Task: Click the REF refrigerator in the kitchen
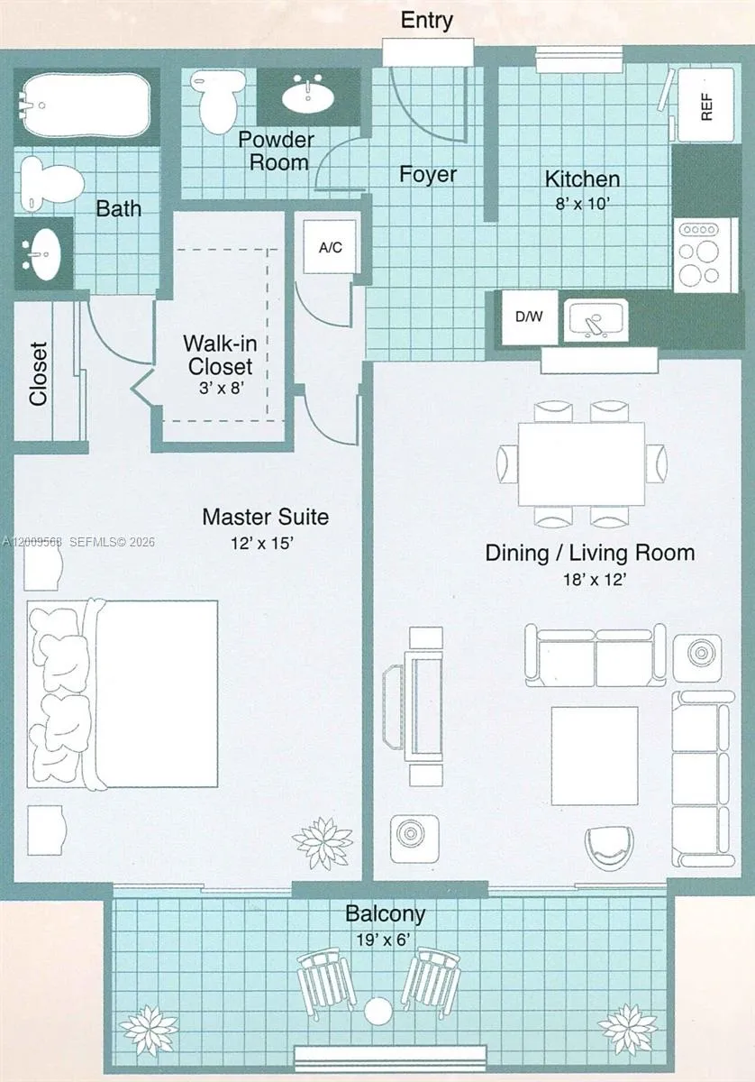[x=706, y=105]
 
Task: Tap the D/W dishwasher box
[x=530, y=316]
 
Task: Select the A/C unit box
[x=331, y=247]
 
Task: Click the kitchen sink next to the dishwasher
[x=596, y=320]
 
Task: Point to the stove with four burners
[x=705, y=255]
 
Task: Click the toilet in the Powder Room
[x=217, y=101]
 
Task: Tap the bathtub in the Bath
[x=86, y=105]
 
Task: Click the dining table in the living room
[x=581, y=463]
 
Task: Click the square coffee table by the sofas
[x=595, y=756]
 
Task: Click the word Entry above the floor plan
[x=427, y=20]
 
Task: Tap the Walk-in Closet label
[x=220, y=355]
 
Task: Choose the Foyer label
[x=428, y=174]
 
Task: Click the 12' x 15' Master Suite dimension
[x=262, y=543]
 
